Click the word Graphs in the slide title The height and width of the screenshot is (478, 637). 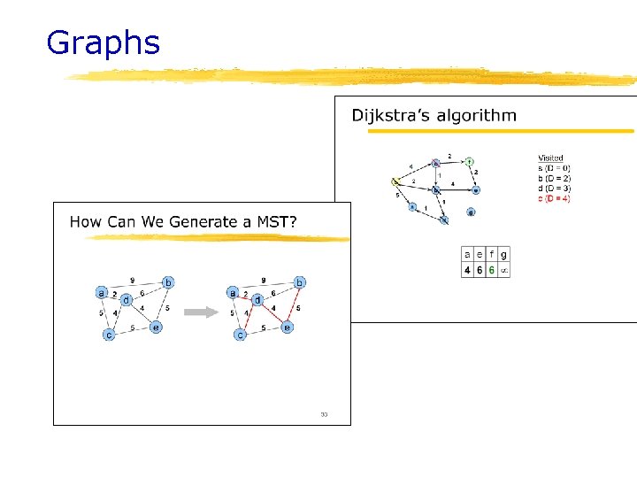pyautogui.click(x=103, y=42)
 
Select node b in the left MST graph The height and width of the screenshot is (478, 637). pyautogui.click(x=167, y=282)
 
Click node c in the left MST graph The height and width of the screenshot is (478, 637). pyautogui.click(x=109, y=335)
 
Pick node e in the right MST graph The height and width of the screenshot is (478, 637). pyautogui.click(x=288, y=328)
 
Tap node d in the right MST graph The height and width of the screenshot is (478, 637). pyautogui.click(x=257, y=300)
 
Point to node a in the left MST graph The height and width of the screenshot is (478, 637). pyautogui.click(x=101, y=292)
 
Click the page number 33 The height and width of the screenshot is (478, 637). pyautogui.click(x=324, y=413)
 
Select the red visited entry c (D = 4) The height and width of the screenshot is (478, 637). pyautogui.click(x=555, y=198)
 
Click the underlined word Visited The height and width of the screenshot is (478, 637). pyautogui.click(x=550, y=158)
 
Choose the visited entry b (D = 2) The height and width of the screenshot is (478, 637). pyautogui.click(x=554, y=178)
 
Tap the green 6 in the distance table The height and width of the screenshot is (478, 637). pyautogui.click(x=491, y=270)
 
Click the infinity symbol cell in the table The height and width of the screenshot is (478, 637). pyautogui.click(x=503, y=270)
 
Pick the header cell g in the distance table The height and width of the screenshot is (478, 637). pyautogui.click(x=503, y=254)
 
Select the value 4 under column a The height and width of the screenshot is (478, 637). pyautogui.click(x=468, y=270)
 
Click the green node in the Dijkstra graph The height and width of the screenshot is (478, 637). pyautogui.click(x=470, y=161)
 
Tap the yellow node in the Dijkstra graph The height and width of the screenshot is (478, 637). pyautogui.click(x=395, y=182)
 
